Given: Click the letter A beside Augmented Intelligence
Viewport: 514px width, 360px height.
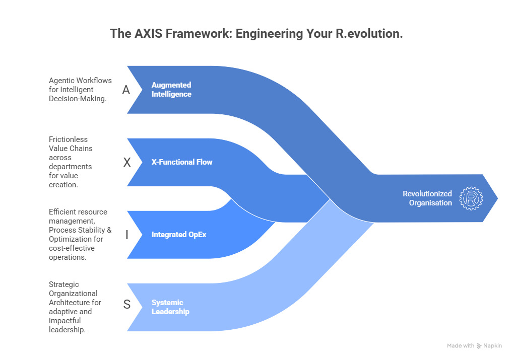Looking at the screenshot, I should (x=126, y=90).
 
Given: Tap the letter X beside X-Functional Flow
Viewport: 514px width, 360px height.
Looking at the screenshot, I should (x=126, y=162).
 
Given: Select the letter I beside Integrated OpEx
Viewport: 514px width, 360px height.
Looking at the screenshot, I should (x=126, y=235).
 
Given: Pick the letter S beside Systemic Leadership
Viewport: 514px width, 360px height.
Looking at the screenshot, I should (x=126, y=305).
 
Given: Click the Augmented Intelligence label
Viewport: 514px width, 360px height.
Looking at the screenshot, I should (x=171, y=90).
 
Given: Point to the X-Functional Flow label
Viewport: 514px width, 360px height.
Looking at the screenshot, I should (x=182, y=162).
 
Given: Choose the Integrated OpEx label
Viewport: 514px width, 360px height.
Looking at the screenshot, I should (x=179, y=235).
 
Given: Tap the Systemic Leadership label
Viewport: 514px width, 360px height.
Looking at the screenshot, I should (x=170, y=307).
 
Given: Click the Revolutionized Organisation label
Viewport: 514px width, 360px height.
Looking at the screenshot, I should (x=427, y=198).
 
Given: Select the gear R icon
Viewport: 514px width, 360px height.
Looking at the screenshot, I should (x=471, y=198).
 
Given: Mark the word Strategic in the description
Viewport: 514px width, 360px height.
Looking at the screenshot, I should (x=64, y=284).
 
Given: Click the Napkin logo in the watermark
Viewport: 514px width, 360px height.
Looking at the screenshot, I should (x=479, y=346).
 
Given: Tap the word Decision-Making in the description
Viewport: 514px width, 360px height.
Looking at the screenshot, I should (x=77, y=99).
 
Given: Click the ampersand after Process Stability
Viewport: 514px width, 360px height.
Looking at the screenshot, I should (x=108, y=230).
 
